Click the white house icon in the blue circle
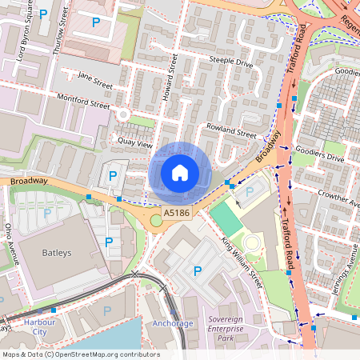(x=180, y=172)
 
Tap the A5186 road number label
(x=177, y=213)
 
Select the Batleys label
(x=56, y=251)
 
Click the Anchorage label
(x=173, y=323)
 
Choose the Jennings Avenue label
(x=345, y=272)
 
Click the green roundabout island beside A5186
(x=156, y=220)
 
